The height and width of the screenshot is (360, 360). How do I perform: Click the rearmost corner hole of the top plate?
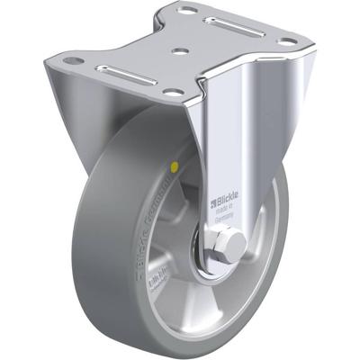click(187, 12)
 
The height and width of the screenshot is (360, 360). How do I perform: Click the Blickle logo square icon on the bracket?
click(214, 190)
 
